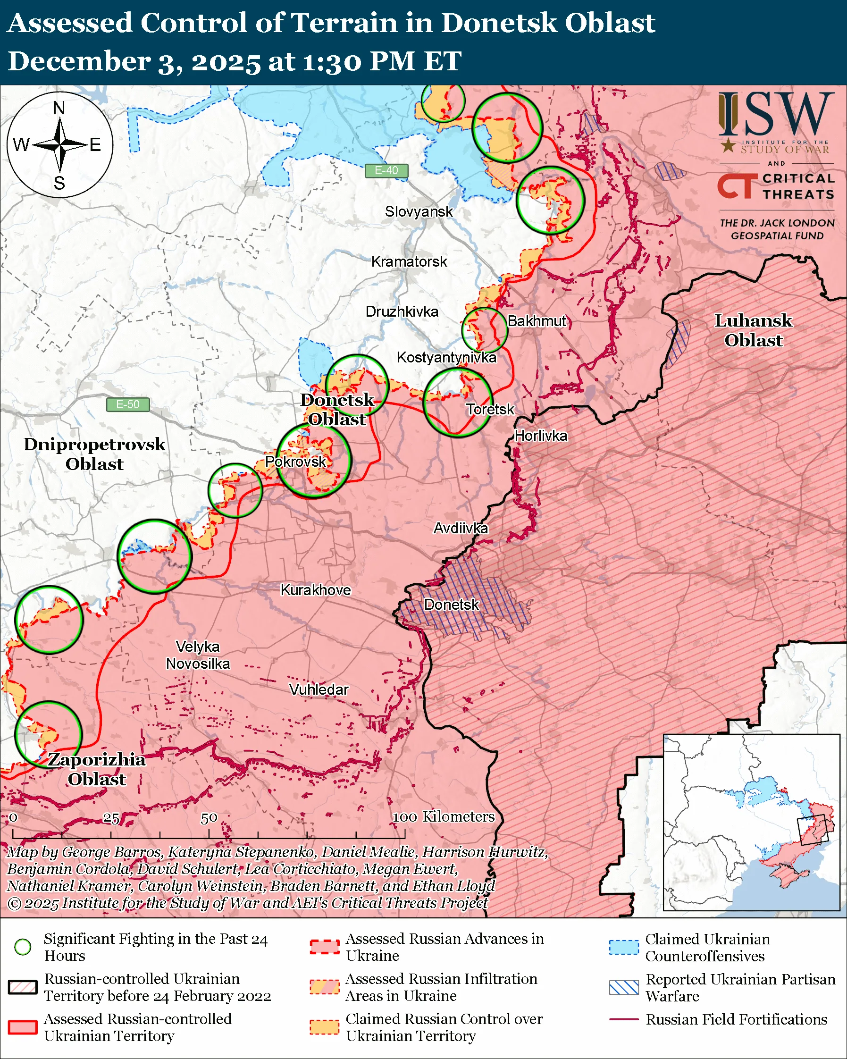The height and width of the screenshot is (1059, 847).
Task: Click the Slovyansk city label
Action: click(x=419, y=212)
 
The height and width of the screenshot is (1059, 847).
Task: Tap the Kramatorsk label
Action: click(x=409, y=262)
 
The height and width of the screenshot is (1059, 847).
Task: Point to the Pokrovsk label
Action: click(x=295, y=462)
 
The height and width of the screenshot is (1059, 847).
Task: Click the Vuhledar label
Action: click(x=319, y=689)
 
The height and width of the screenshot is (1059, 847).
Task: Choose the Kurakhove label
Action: click(x=315, y=590)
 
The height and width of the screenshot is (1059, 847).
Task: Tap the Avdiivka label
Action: click(x=460, y=529)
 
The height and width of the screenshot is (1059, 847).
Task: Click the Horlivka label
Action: click(x=541, y=436)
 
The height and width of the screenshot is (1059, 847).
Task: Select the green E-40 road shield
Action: click(x=386, y=170)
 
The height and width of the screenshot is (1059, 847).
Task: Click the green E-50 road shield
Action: click(x=128, y=405)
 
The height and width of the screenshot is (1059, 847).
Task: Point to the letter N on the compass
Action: click(x=59, y=108)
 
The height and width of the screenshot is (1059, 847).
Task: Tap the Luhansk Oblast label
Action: click(x=753, y=330)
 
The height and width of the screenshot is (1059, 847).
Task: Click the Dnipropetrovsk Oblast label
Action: click(x=94, y=454)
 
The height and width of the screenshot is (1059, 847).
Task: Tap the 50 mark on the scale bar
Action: click(x=209, y=818)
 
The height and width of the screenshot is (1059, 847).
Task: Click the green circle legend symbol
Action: click(x=23, y=947)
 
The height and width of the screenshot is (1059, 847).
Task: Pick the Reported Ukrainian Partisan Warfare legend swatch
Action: click(x=624, y=987)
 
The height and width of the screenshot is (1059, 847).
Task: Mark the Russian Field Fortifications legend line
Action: click(x=624, y=1020)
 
